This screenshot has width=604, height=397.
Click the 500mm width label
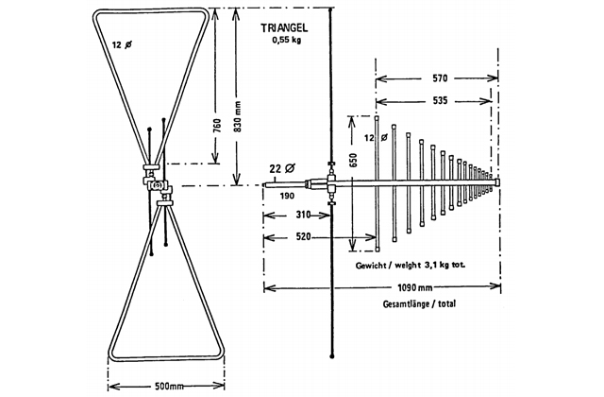(x=167, y=386)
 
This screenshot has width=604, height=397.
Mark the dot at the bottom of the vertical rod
(x=333, y=355)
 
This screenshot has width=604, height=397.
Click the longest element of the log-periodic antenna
(x=377, y=180)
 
